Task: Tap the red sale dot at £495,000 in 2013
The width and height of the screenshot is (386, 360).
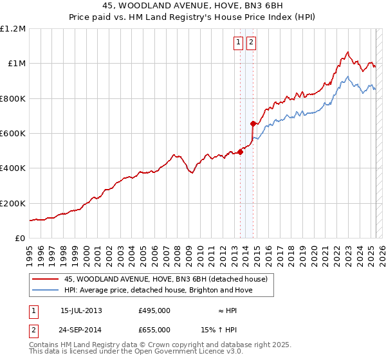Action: [x=240, y=152]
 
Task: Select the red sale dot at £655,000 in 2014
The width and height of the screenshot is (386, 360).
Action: [x=253, y=124]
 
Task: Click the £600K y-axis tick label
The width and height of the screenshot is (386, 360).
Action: [x=13, y=134]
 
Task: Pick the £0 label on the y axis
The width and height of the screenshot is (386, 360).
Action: [x=20, y=239]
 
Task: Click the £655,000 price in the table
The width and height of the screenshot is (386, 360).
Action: [x=154, y=329]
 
